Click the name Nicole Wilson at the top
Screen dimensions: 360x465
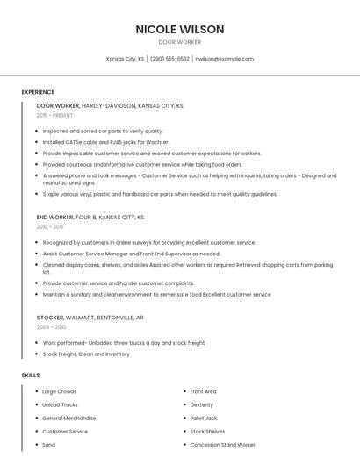coord(180,29)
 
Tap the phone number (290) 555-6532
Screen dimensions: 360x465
coord(169,59)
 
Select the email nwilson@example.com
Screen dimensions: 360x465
coord(224,59)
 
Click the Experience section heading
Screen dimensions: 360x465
coord(38,92)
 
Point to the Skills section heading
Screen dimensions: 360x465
coord(31,376)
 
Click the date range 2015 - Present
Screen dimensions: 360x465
coord(54,115)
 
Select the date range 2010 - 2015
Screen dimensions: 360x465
coord(50,226)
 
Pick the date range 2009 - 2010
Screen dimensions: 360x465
coord(51,326)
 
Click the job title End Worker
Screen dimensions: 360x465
coord(55,216)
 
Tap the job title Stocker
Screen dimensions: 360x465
coord(49,317)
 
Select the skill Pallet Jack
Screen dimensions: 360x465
coord(204,418)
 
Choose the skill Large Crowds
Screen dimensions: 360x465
coord(60,391)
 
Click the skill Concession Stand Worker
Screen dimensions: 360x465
coord(223,445)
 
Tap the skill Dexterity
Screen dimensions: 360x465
coord(202,404)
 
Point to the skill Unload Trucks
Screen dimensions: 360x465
coord(60,404)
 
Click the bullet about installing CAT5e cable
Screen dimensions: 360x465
coord(105,142)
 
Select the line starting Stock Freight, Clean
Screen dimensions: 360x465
coord(86,354)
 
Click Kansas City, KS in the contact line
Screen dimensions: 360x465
coord(125,59)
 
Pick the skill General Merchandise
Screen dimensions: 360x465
coord(68,418)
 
